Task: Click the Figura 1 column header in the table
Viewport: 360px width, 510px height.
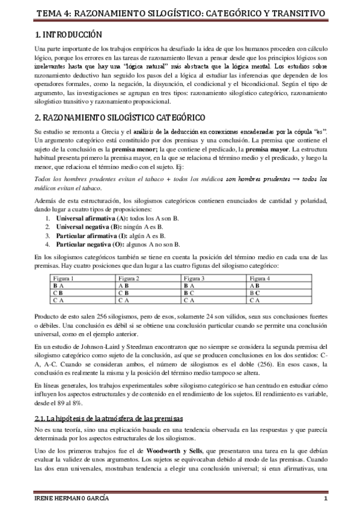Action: pyautogui.click(x=64, y=278)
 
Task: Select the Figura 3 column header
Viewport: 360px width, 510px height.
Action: pyautogui.click(x=195, y=278)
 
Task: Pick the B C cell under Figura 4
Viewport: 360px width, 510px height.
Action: pyautogui.click(x=255, y=292)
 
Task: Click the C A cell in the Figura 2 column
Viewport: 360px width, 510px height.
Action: pyautogui.click(x=124, y=300)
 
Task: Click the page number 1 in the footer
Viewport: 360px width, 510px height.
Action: pyautogui.click(x=325, y=500)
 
